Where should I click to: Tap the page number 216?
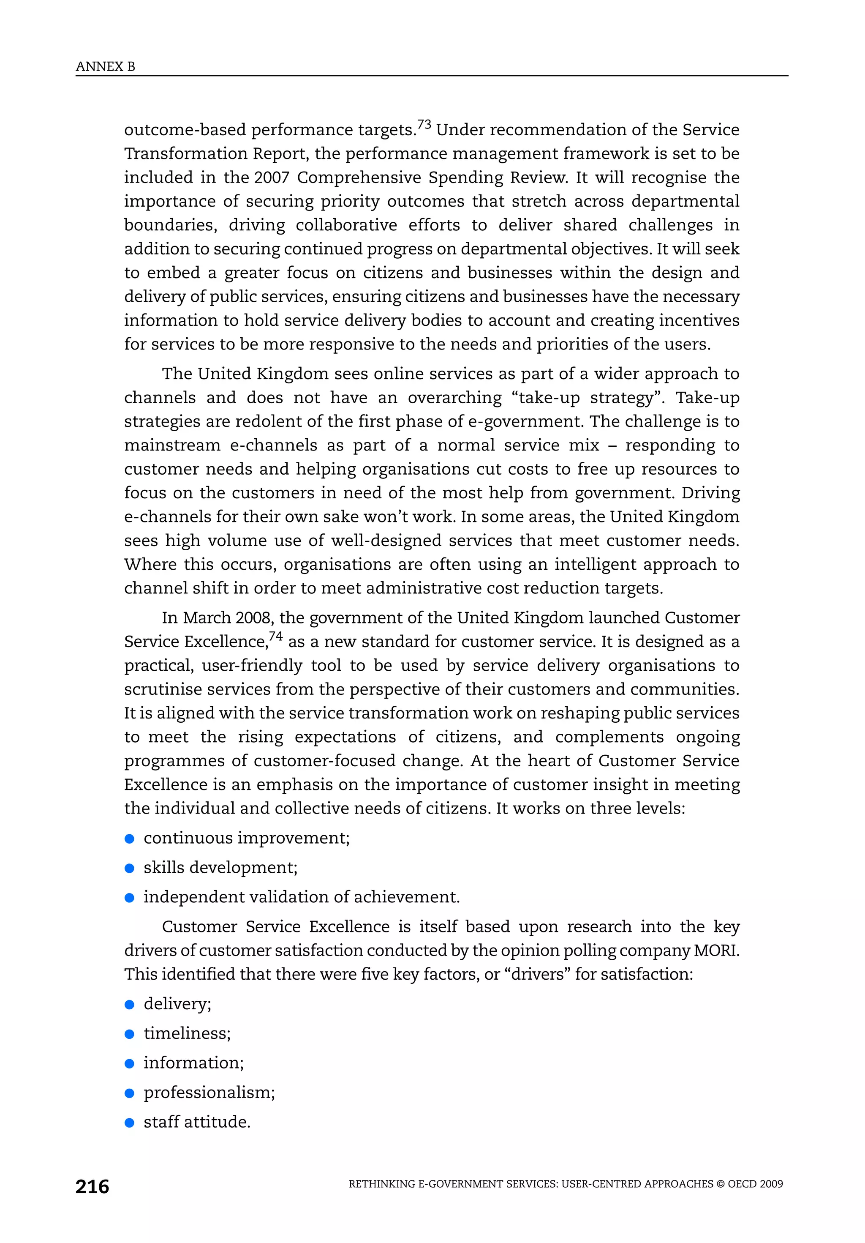tap(92, 1187)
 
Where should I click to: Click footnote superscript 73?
tap(424, 125)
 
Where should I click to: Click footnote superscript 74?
tap(276, 636)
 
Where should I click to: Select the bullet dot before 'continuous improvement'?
tap(129, 839)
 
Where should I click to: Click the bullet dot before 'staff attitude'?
tap(129, 1122)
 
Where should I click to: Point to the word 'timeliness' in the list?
tap(186, 1033)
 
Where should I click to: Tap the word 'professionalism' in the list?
tap(208, 1093)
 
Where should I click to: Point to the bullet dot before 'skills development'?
tap(129, 869)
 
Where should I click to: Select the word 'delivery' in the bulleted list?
tap(177, 1004)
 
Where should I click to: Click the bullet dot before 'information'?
tap(129, 1063)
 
